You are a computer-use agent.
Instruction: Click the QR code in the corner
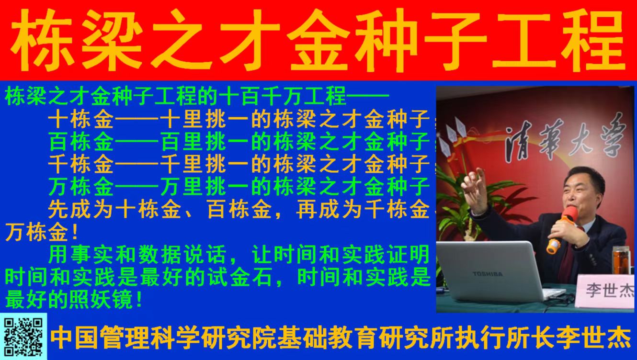click(23, 337)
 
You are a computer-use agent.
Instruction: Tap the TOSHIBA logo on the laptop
click(488, 274)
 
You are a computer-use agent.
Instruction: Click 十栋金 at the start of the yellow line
click(81, 119)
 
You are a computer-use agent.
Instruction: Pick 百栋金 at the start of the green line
click(81, 142)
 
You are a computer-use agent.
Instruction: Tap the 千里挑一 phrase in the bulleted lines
click(205, 165)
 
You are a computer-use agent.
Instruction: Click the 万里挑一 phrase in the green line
click(205, 187)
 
